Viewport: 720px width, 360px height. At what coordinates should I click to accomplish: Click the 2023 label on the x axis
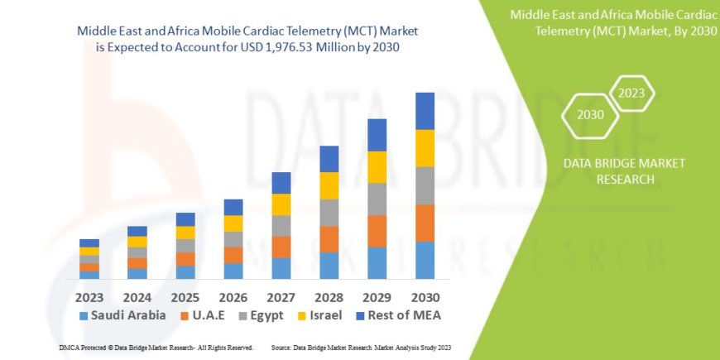[x=89, y=295]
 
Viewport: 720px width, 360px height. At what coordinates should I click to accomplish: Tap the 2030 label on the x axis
[x=425, y=295]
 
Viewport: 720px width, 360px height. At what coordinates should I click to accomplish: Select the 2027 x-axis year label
[x=281, y=295]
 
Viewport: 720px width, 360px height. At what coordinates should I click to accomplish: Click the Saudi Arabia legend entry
[x=122, y=315]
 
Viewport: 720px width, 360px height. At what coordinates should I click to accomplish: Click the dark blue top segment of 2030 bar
[x=425, y=111]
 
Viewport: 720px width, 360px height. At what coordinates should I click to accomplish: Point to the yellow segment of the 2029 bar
[x=377, y=167]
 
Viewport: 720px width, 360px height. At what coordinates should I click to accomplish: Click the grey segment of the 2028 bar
[x=329, y=213]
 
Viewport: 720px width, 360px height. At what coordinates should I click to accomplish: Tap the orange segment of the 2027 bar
[x=281, y=247]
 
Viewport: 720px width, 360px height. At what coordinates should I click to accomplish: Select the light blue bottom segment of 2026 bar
[x=233, y=271]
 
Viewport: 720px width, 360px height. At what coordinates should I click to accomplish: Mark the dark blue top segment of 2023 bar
[x=89, y=242]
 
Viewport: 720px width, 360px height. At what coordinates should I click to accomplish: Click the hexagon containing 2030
[x=590, y=115]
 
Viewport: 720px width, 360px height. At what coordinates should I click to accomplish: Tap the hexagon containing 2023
[x=631, y=93]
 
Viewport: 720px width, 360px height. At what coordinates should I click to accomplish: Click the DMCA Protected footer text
[x=156, y=347]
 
